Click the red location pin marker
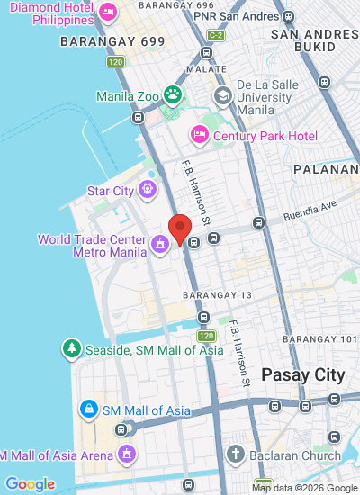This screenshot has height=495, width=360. point(180,229)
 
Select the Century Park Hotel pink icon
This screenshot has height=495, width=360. point(200,135)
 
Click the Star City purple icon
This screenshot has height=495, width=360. point(148,190)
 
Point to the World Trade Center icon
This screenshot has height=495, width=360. point(160,243)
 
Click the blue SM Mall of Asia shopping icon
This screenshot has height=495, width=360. point(88,410)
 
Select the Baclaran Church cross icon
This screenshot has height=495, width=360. point(236,454)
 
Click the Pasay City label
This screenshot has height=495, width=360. point(302,374)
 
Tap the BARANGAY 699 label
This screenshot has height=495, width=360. point(99,41)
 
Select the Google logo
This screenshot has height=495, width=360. point(30,484)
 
